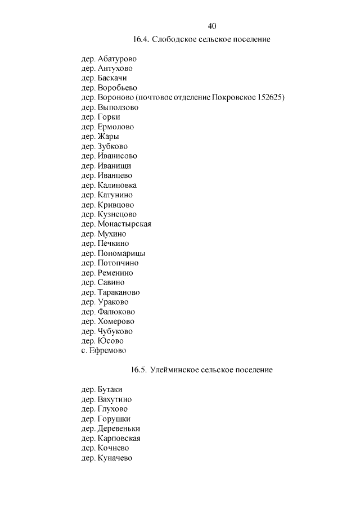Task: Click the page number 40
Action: [212, 26]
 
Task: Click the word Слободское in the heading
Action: [173, 39]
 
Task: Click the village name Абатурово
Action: [117, 58]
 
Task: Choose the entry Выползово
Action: [118, 107]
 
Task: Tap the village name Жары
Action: [108, 136]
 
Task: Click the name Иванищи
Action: [114, 165]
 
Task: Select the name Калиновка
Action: [117, 185]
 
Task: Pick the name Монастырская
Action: [124, 224]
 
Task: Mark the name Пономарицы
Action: [121, 253]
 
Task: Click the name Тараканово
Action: [119, 292]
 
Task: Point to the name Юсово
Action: [110, 341]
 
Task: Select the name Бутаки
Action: [110, 389]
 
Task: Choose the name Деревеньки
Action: [119, 428]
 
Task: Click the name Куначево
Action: [115, 458]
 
